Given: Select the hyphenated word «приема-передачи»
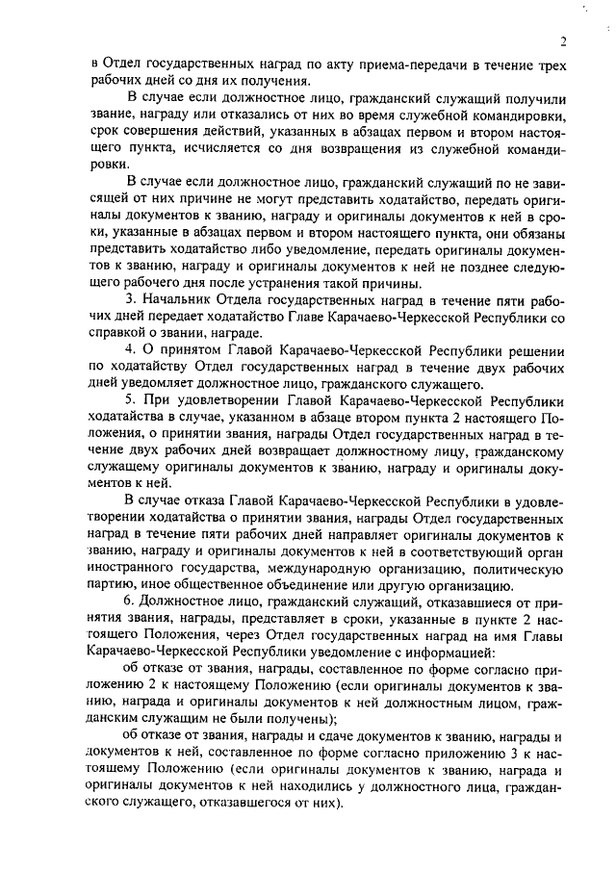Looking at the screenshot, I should [x=385, y=64].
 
